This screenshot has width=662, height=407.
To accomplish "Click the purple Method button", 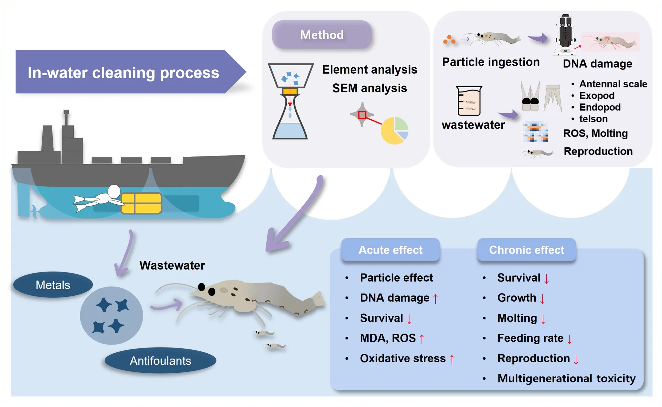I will click(322, 35).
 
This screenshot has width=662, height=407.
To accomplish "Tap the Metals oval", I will click(53, 285).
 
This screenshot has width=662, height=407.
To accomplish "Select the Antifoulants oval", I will click(160, 360).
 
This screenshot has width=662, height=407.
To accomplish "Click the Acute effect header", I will click(390, 250).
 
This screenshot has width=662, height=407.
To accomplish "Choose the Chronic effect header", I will click(527, 250).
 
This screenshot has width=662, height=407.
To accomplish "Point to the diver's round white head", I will click(114, 191).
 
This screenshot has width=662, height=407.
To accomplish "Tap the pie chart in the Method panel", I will click(394, 130).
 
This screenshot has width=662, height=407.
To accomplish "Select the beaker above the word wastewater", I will click(469, 101).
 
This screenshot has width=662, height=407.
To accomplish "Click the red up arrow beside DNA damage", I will click(435, 298).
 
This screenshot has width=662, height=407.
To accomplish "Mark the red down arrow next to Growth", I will click(542, 298).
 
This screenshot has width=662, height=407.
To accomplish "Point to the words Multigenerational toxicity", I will click(566, 378).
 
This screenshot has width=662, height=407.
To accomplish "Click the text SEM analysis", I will click(369, 88).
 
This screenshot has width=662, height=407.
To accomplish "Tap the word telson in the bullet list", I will click(593, 119).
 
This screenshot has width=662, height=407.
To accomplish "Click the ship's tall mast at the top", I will click(66, 118).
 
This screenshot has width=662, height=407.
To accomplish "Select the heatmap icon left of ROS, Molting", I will click(535, 132).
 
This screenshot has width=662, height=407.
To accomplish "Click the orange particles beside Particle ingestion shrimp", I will click(449, 40).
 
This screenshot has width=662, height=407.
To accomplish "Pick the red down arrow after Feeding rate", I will click(570, 339).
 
